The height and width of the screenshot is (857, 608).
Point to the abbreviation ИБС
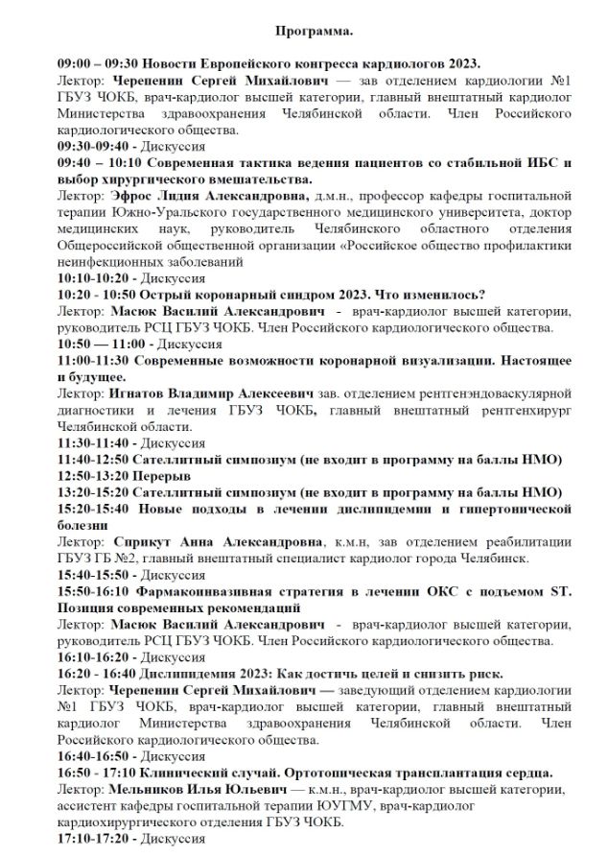(523, 163)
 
